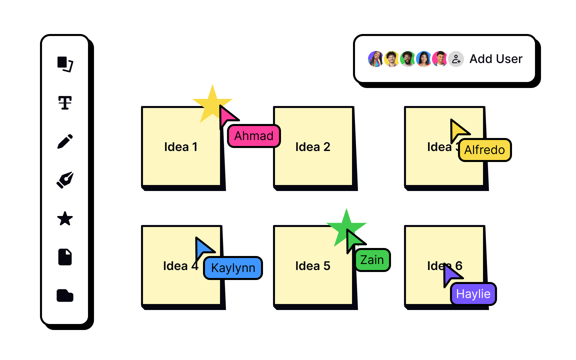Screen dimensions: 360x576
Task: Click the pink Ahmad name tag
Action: click(x=254, y=136)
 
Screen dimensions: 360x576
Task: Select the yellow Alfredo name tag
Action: click(x=484, y=150)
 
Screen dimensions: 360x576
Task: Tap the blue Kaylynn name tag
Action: click(x=233, y=268)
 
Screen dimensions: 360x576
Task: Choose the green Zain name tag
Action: click(x=372, y=260)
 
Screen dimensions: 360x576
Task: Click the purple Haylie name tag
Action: click(x=473, y=294)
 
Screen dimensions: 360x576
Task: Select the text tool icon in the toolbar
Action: click(x=65, y=103)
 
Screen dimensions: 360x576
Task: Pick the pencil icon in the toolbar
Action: click(x=65, y=141)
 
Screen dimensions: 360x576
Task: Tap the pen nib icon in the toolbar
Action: click(x=65, y=180)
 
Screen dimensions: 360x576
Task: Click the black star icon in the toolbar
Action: click(x=65, y=219)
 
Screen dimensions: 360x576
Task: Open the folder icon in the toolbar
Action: click(x=65, y=295)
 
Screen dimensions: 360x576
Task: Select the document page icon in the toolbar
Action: click(x=65, y=257)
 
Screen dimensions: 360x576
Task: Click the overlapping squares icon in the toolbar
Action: click(x=65, y=64)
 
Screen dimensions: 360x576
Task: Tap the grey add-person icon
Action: click(x=456, y=59)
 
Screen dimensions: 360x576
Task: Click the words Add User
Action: click(x=496, y=59)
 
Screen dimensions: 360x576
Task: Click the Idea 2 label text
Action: click(x=313, y=147)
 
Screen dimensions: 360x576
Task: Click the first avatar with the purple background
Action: click(x=376, y=59)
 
